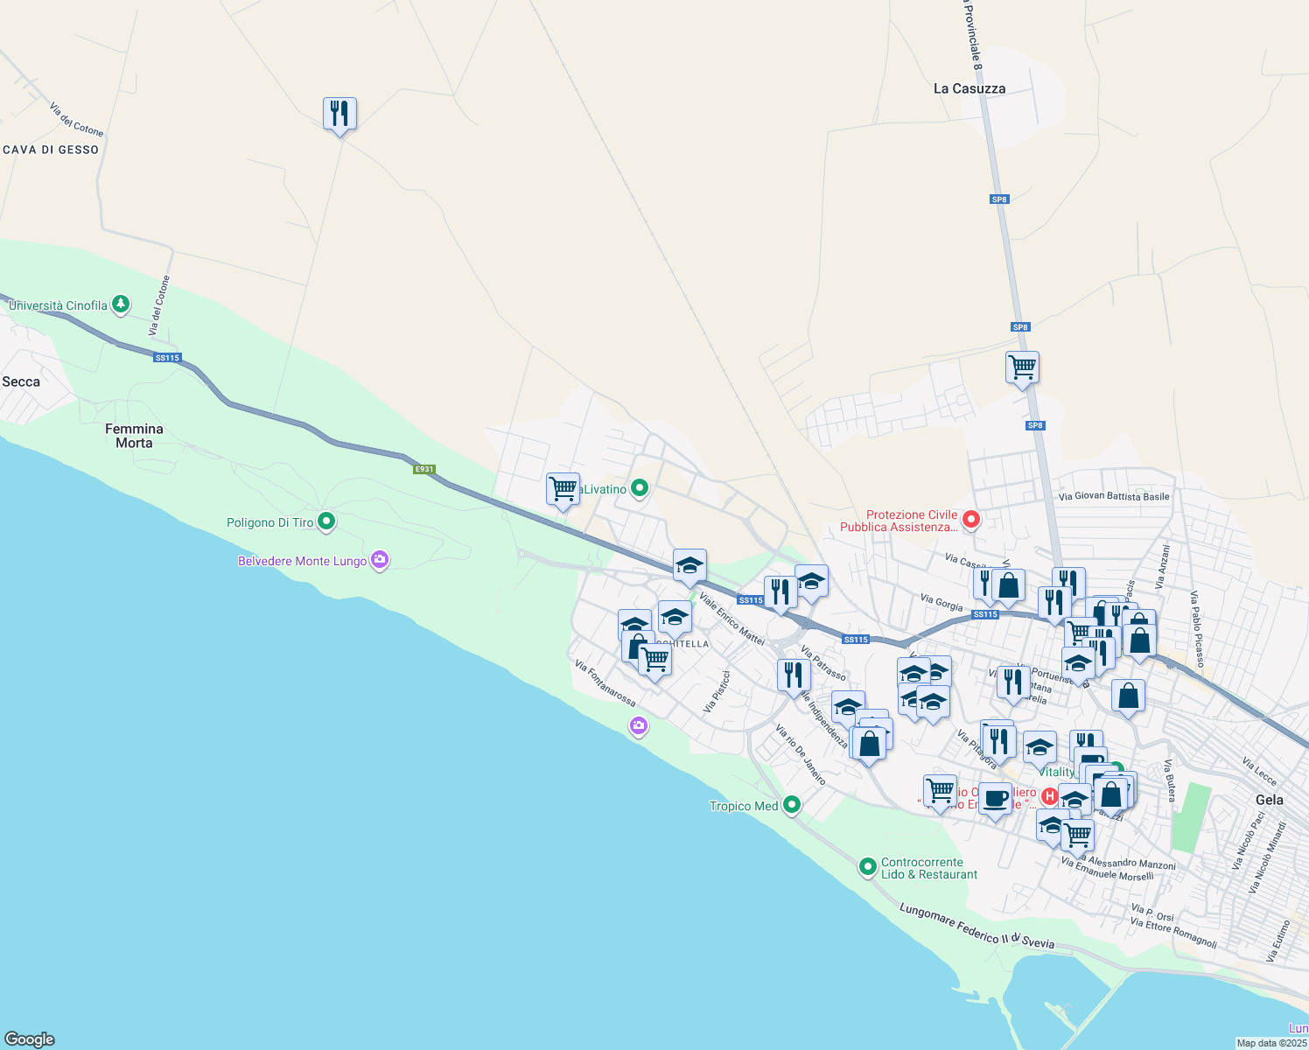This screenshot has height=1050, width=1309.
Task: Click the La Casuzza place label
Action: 969,88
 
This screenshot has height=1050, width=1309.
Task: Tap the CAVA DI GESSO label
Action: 51,150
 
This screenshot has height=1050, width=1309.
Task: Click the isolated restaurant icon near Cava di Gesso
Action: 339,114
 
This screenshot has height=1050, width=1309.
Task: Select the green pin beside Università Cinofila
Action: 121,304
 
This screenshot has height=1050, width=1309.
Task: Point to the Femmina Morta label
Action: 134,436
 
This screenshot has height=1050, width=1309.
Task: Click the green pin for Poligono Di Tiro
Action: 326,522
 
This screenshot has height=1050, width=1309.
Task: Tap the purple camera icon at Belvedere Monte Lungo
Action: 380,560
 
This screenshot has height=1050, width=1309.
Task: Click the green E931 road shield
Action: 424,470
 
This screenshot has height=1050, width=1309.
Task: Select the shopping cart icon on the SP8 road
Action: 1022,367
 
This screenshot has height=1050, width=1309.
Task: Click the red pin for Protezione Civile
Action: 970,521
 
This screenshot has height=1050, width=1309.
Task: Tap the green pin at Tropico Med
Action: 792,805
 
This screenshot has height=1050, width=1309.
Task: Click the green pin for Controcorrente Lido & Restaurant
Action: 867,867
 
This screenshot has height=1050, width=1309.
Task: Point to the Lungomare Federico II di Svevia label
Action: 976,926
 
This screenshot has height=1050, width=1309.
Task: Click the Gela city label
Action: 1269,800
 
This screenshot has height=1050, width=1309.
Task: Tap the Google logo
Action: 30,1039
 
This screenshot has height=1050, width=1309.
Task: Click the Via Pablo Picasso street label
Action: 1196,629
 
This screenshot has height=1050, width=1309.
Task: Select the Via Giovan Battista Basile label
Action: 1113,496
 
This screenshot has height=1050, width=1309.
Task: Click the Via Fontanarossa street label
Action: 605,683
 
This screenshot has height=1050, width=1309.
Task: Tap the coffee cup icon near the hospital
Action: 995,798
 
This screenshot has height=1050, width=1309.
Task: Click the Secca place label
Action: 21,381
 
